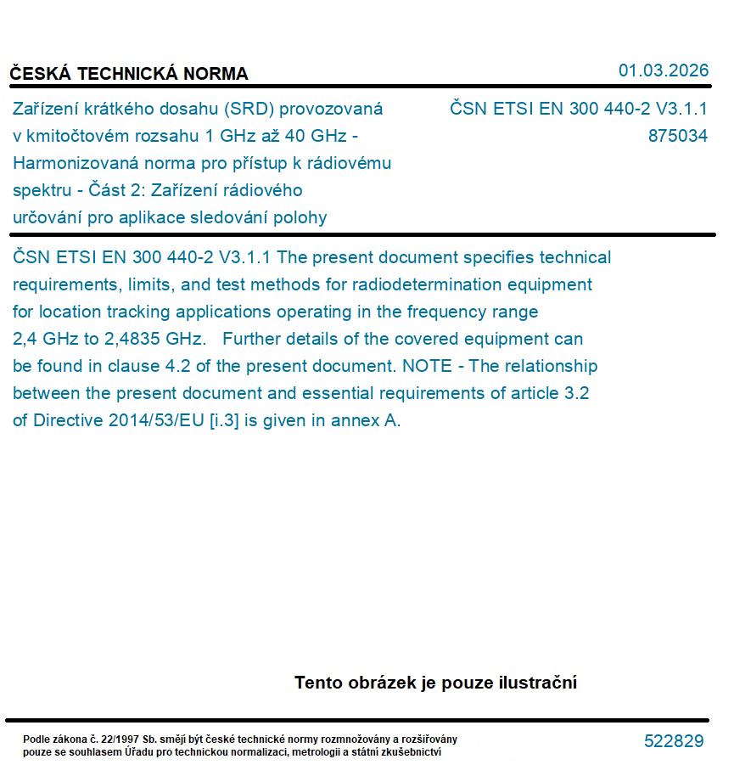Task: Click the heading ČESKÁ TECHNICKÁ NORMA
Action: tap(129, 74)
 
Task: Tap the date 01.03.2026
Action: tap(664, 70)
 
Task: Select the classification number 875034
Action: tap(677, 136)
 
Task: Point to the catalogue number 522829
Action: tap(674, 741)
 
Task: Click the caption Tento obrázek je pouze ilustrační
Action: tap(435, 683)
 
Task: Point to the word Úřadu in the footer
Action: tap(140, 752)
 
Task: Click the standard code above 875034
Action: tap(578, 109)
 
